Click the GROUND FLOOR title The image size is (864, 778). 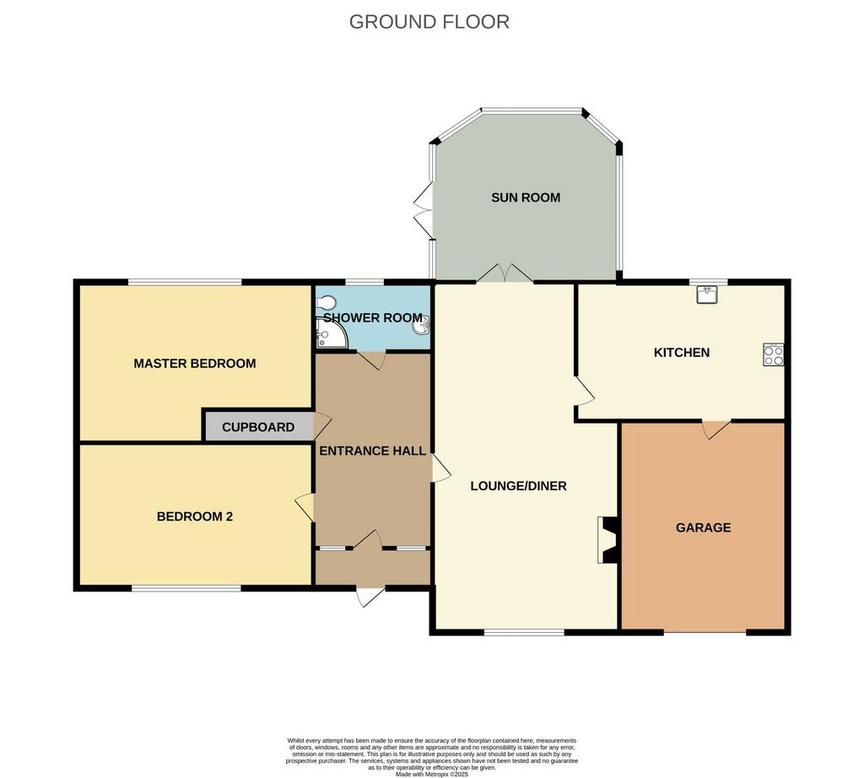coord(429,22)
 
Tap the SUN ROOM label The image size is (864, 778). coord(526,197)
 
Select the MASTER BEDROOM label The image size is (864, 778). coord(195,364)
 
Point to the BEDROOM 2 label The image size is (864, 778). coord(195,516)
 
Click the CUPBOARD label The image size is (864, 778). coord(258,427)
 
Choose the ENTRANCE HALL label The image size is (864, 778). coord(372,451)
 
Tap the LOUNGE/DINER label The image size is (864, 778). coord(519,486)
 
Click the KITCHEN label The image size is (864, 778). coord(682,353)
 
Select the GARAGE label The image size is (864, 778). coord(703,528)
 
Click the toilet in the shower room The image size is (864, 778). coord(327,302)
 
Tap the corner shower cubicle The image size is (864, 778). coord(332,333)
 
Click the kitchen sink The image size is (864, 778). coord(707,294)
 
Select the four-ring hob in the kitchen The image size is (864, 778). coord(773,355)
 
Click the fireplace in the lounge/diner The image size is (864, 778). coord(607,540)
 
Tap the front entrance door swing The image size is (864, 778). coord(370,597)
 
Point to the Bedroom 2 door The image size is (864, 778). coord(305,507)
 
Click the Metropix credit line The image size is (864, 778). coord(431,774)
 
